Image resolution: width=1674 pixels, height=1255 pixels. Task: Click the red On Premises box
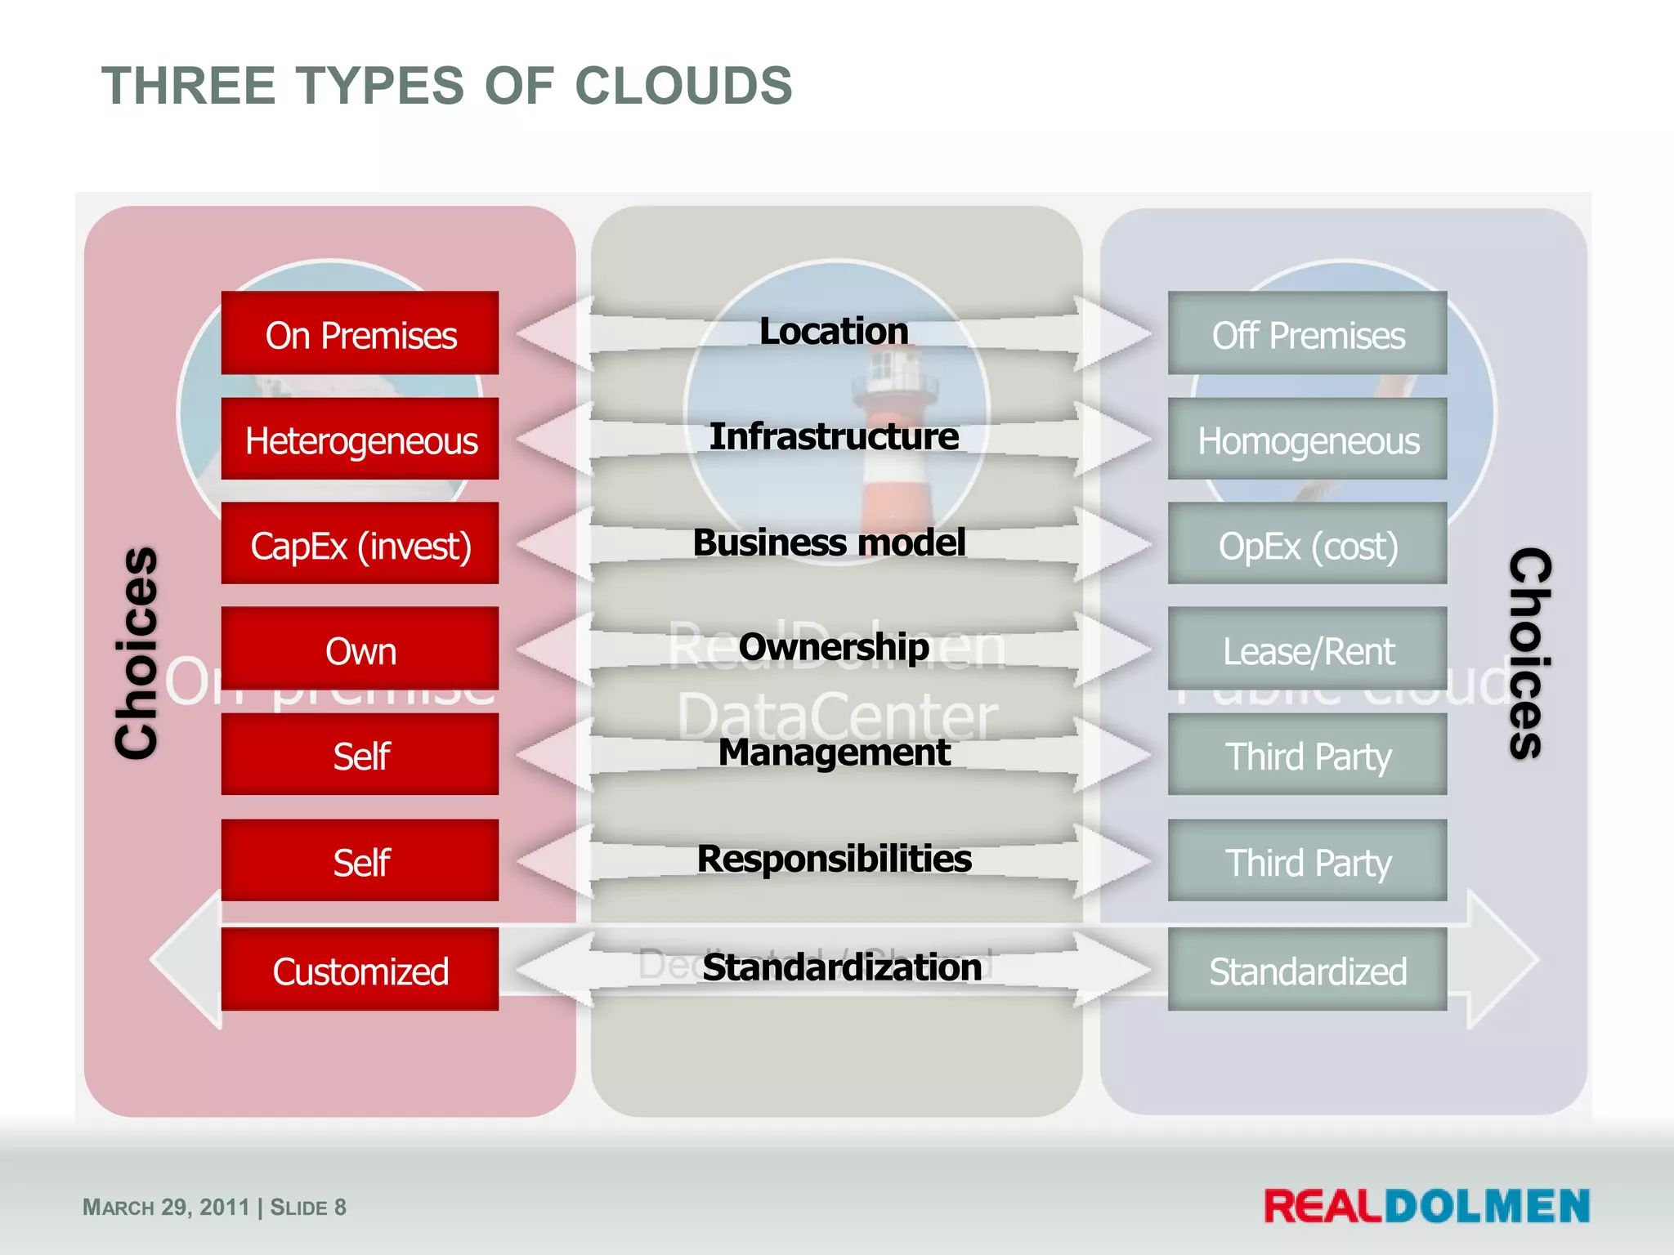[360, 333]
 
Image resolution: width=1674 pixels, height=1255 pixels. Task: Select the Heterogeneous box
[360, 440]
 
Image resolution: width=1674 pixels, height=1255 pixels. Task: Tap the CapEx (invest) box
[360, 544]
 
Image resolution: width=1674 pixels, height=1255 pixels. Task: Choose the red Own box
[360, 650]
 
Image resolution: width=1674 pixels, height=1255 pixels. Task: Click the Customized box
[360, 970]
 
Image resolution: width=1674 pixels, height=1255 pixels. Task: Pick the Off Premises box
[1307, 333]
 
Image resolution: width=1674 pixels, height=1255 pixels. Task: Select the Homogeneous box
[1307, 440]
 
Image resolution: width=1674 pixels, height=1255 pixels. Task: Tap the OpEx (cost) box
[1307, 544]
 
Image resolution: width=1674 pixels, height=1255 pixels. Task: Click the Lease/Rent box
[1307, 650]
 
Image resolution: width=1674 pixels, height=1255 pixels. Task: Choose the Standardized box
[1307, 970]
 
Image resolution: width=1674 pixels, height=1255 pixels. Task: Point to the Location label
[834, 331]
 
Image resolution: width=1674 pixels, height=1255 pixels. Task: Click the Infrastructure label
[834, 436]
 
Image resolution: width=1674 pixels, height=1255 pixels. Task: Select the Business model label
[829, 542]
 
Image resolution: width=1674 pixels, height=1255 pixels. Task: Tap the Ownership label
[834, 646]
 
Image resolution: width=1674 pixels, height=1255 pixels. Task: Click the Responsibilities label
[834, 858]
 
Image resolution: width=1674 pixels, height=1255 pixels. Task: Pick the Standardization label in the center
[842, 967]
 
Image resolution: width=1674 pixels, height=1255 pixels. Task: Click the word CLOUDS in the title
[683, 86]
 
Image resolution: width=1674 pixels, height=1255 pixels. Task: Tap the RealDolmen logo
[1426, 1206]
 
